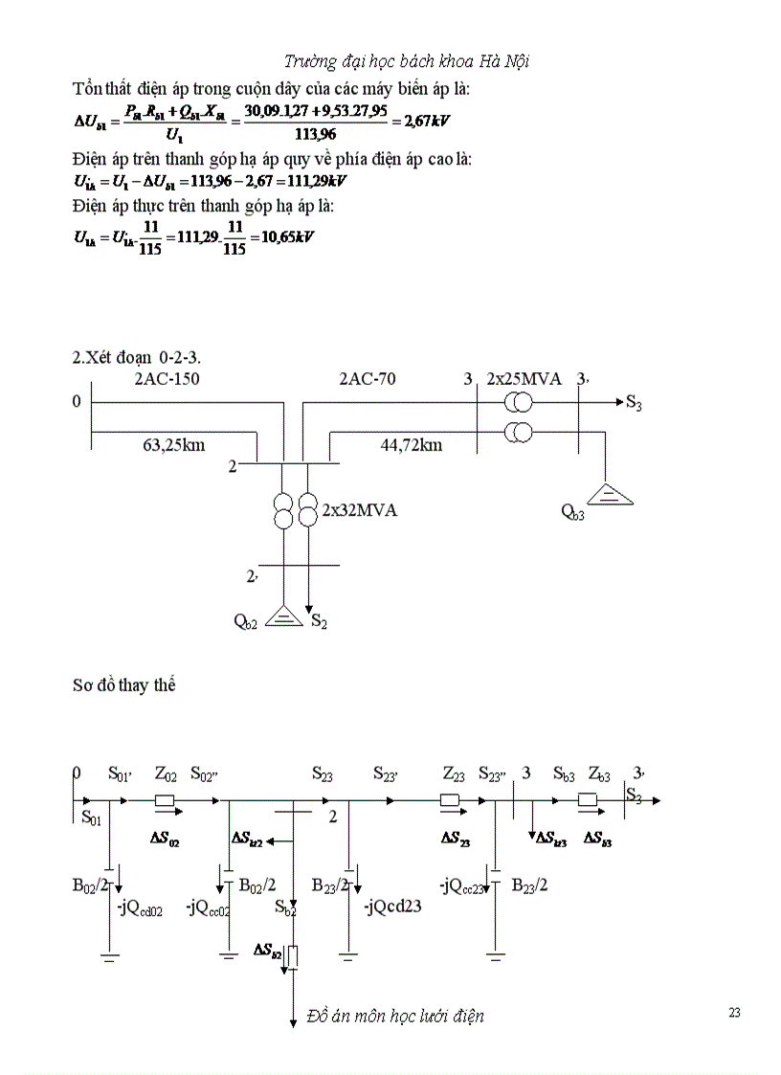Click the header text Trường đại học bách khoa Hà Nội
(407, 62)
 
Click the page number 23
(734, 1013)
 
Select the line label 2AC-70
(368, 379)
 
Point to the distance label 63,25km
(173, 444)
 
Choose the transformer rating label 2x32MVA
(359, 510)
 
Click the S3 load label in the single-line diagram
(634, 404)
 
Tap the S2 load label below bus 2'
(319, 623)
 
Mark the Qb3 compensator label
(572, 510)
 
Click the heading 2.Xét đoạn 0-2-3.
(143, 357)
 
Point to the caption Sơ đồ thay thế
(123, 685)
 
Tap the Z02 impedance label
(166, 773)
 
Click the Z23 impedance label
(454, 773)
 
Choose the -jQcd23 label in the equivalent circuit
(393, 906)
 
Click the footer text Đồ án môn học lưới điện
(395, 1016)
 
